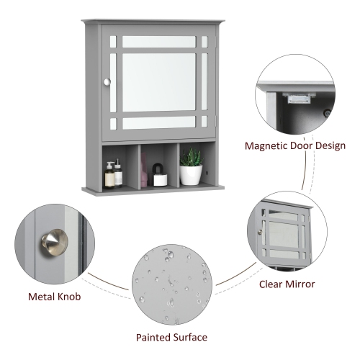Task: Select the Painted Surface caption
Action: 171,337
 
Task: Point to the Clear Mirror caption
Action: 287,284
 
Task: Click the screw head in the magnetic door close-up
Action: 327,113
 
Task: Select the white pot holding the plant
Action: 190,176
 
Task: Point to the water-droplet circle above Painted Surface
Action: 171,284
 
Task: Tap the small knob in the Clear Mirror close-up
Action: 259,233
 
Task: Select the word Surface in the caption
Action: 189,337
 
